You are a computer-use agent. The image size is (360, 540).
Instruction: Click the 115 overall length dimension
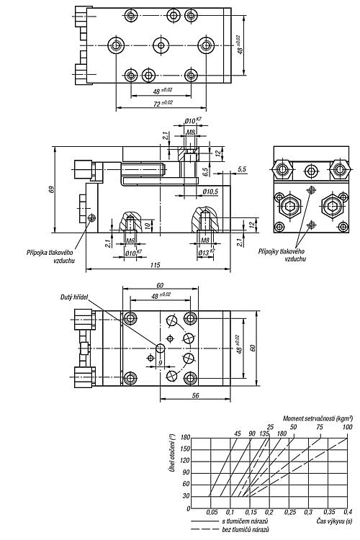(156, 265)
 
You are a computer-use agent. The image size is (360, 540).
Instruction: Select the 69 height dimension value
(51, 189)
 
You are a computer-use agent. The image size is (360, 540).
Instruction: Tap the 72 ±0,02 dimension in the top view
(163, 103)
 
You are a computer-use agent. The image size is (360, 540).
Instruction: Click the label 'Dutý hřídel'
(74, 297)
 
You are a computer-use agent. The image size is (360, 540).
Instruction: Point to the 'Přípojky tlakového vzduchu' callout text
(282, 255)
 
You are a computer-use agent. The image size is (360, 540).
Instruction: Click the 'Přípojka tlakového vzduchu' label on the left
(50, 256)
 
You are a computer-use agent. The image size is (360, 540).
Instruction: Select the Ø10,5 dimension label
(210, 192)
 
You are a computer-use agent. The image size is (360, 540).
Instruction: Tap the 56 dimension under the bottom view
(195, 396)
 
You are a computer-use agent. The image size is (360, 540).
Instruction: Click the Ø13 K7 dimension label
(207, 253)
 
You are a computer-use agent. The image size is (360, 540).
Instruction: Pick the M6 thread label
(130, 240)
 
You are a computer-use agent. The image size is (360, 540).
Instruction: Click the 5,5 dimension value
(242, 169)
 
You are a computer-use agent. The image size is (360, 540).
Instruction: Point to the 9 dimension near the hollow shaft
(160, 363)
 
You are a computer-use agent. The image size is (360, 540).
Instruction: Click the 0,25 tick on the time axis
(290, 512)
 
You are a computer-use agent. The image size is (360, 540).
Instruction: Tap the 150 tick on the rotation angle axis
(185, 449)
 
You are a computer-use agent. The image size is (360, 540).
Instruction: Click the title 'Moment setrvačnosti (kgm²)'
(318, 418)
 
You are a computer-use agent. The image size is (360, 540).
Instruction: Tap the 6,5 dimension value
(205, 171)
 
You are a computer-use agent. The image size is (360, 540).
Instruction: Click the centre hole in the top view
(161, 45)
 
